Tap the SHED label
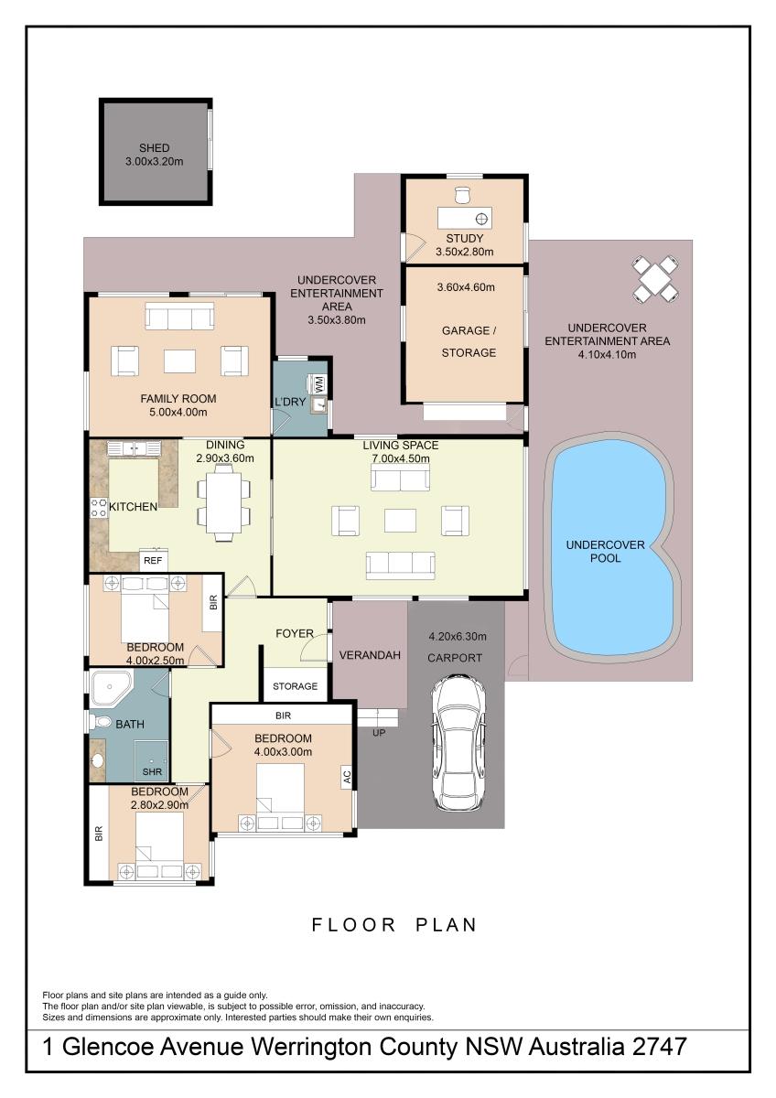[x=155, y=147]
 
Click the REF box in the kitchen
[x=153, y=560]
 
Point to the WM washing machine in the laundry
[x=318, y=383]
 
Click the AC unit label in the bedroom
[x=347, y=777]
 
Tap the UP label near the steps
[x=379, y=733]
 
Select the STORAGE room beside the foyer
[x=296, y=685]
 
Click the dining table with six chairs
[x=223, y=502]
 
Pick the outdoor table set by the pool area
[x=655, y=278]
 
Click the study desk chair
[x=462, y=195]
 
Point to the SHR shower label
[x=152, y=771]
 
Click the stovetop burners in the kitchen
[x=99, y=507]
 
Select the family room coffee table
[x=179, y=361]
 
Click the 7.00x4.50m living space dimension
[x=401, y=458]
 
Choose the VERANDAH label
[x=370, y=655]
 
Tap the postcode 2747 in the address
[x=658, y=1047]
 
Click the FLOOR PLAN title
[x=394, y=925]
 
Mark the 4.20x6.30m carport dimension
[x=458, y=637]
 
